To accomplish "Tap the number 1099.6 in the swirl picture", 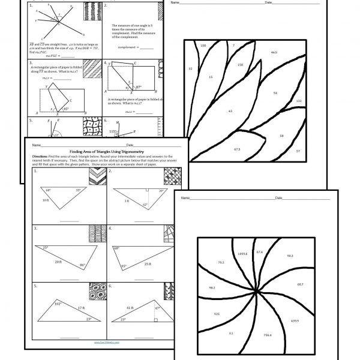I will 242,254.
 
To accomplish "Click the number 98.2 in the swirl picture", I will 212,288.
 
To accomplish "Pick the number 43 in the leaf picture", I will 230,111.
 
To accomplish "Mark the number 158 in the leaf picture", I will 240,64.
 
